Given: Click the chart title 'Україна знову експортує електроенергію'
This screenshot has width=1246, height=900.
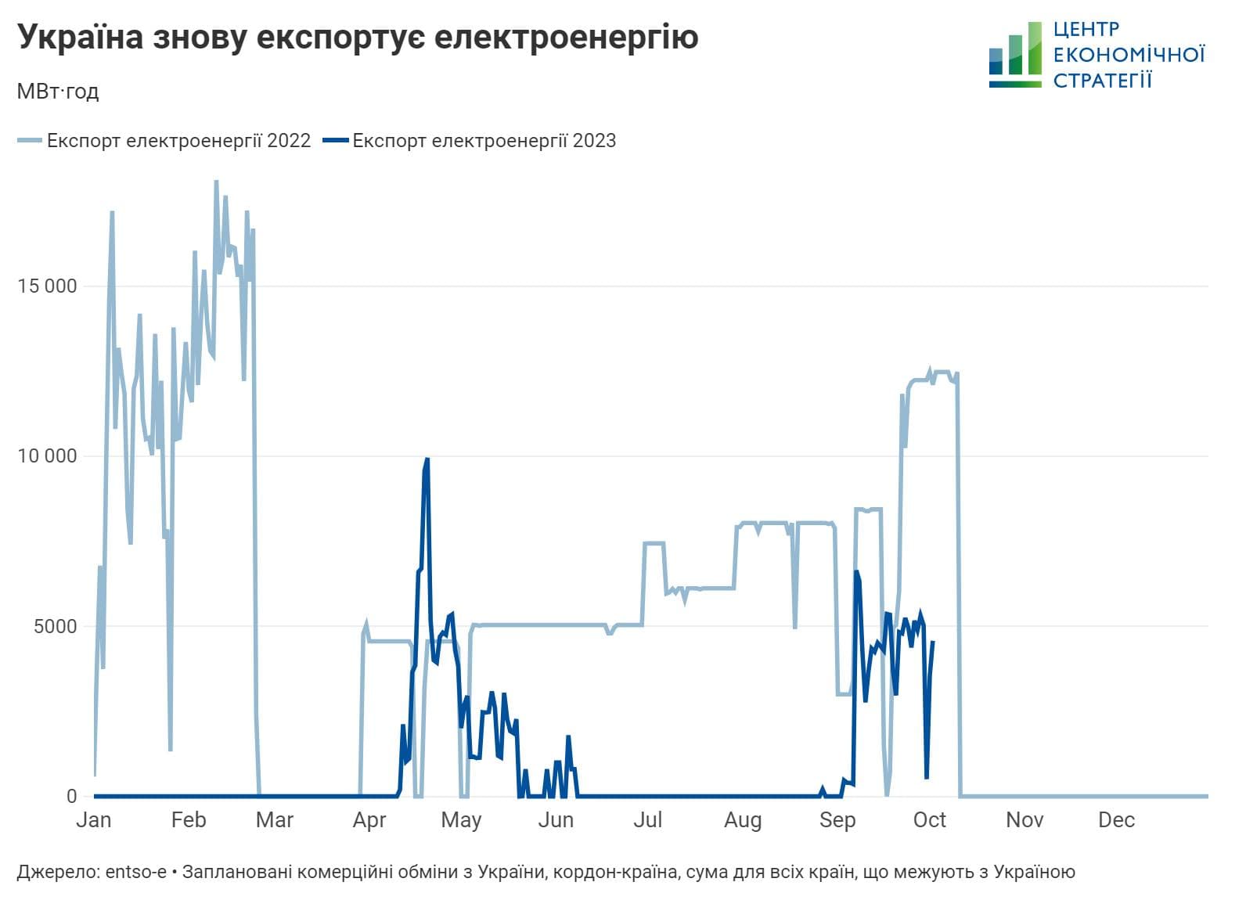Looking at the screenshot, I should (x=358, y=37).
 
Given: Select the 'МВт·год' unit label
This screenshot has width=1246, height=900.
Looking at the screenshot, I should (x=58, y=92).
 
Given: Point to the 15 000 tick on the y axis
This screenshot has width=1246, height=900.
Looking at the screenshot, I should (x=48, y=286).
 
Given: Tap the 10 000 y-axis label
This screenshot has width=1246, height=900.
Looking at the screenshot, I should (x=48, y=455).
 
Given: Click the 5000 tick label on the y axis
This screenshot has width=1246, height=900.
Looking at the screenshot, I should (x=54, y=626).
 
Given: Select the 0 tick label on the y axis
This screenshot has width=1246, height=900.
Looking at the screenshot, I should (x=72, y=796).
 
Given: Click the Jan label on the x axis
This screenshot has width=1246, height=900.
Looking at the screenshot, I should (x=94, y=820).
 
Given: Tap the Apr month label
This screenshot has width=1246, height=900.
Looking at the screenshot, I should (x=369, y=820).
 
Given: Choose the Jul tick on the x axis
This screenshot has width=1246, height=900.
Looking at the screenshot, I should (x=648, y=820).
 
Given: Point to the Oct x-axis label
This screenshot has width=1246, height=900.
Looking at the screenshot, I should (x=930, y=820).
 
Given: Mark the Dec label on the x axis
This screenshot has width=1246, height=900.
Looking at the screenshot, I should (x=1116, y=820).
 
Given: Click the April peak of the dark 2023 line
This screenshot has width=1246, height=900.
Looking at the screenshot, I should (x=427, y=459).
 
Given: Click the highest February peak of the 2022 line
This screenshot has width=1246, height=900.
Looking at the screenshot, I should (x=216, y=182).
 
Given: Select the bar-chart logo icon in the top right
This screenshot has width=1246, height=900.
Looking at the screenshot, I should (x=1015, y=55).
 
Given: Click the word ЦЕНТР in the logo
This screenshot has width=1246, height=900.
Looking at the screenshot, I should (x=1086, y=30).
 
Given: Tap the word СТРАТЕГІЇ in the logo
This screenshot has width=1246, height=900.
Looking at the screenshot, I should (x=1102, y=80).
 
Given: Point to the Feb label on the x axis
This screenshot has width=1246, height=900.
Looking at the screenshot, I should (x=189, y=820).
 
